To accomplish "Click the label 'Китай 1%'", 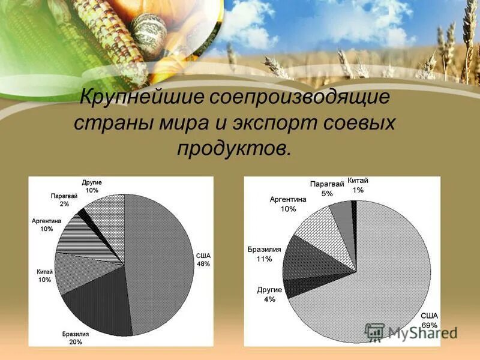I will point(358,185).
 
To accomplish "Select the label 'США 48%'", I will point(203,259).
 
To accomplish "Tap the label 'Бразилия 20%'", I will point(76,338).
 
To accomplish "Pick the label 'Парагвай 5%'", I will point(326,188).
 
